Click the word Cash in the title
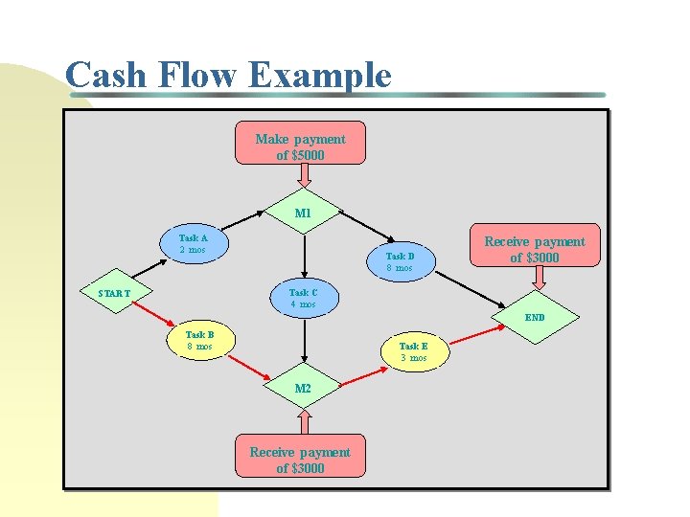[106, 75]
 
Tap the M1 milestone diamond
[303, 214]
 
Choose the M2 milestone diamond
[303, 389]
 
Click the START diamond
[114, 293]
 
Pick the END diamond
[535, 317]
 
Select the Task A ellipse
[193, 244]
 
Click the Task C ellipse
[303, 299]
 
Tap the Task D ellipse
[400, 262]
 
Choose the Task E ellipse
[413, 351]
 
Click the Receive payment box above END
[534, 250]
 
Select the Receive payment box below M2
[300, 460]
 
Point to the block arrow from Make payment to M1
[303, 176]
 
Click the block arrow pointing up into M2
[304, 424]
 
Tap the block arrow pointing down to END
[539, 279]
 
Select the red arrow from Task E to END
[479, 334]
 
